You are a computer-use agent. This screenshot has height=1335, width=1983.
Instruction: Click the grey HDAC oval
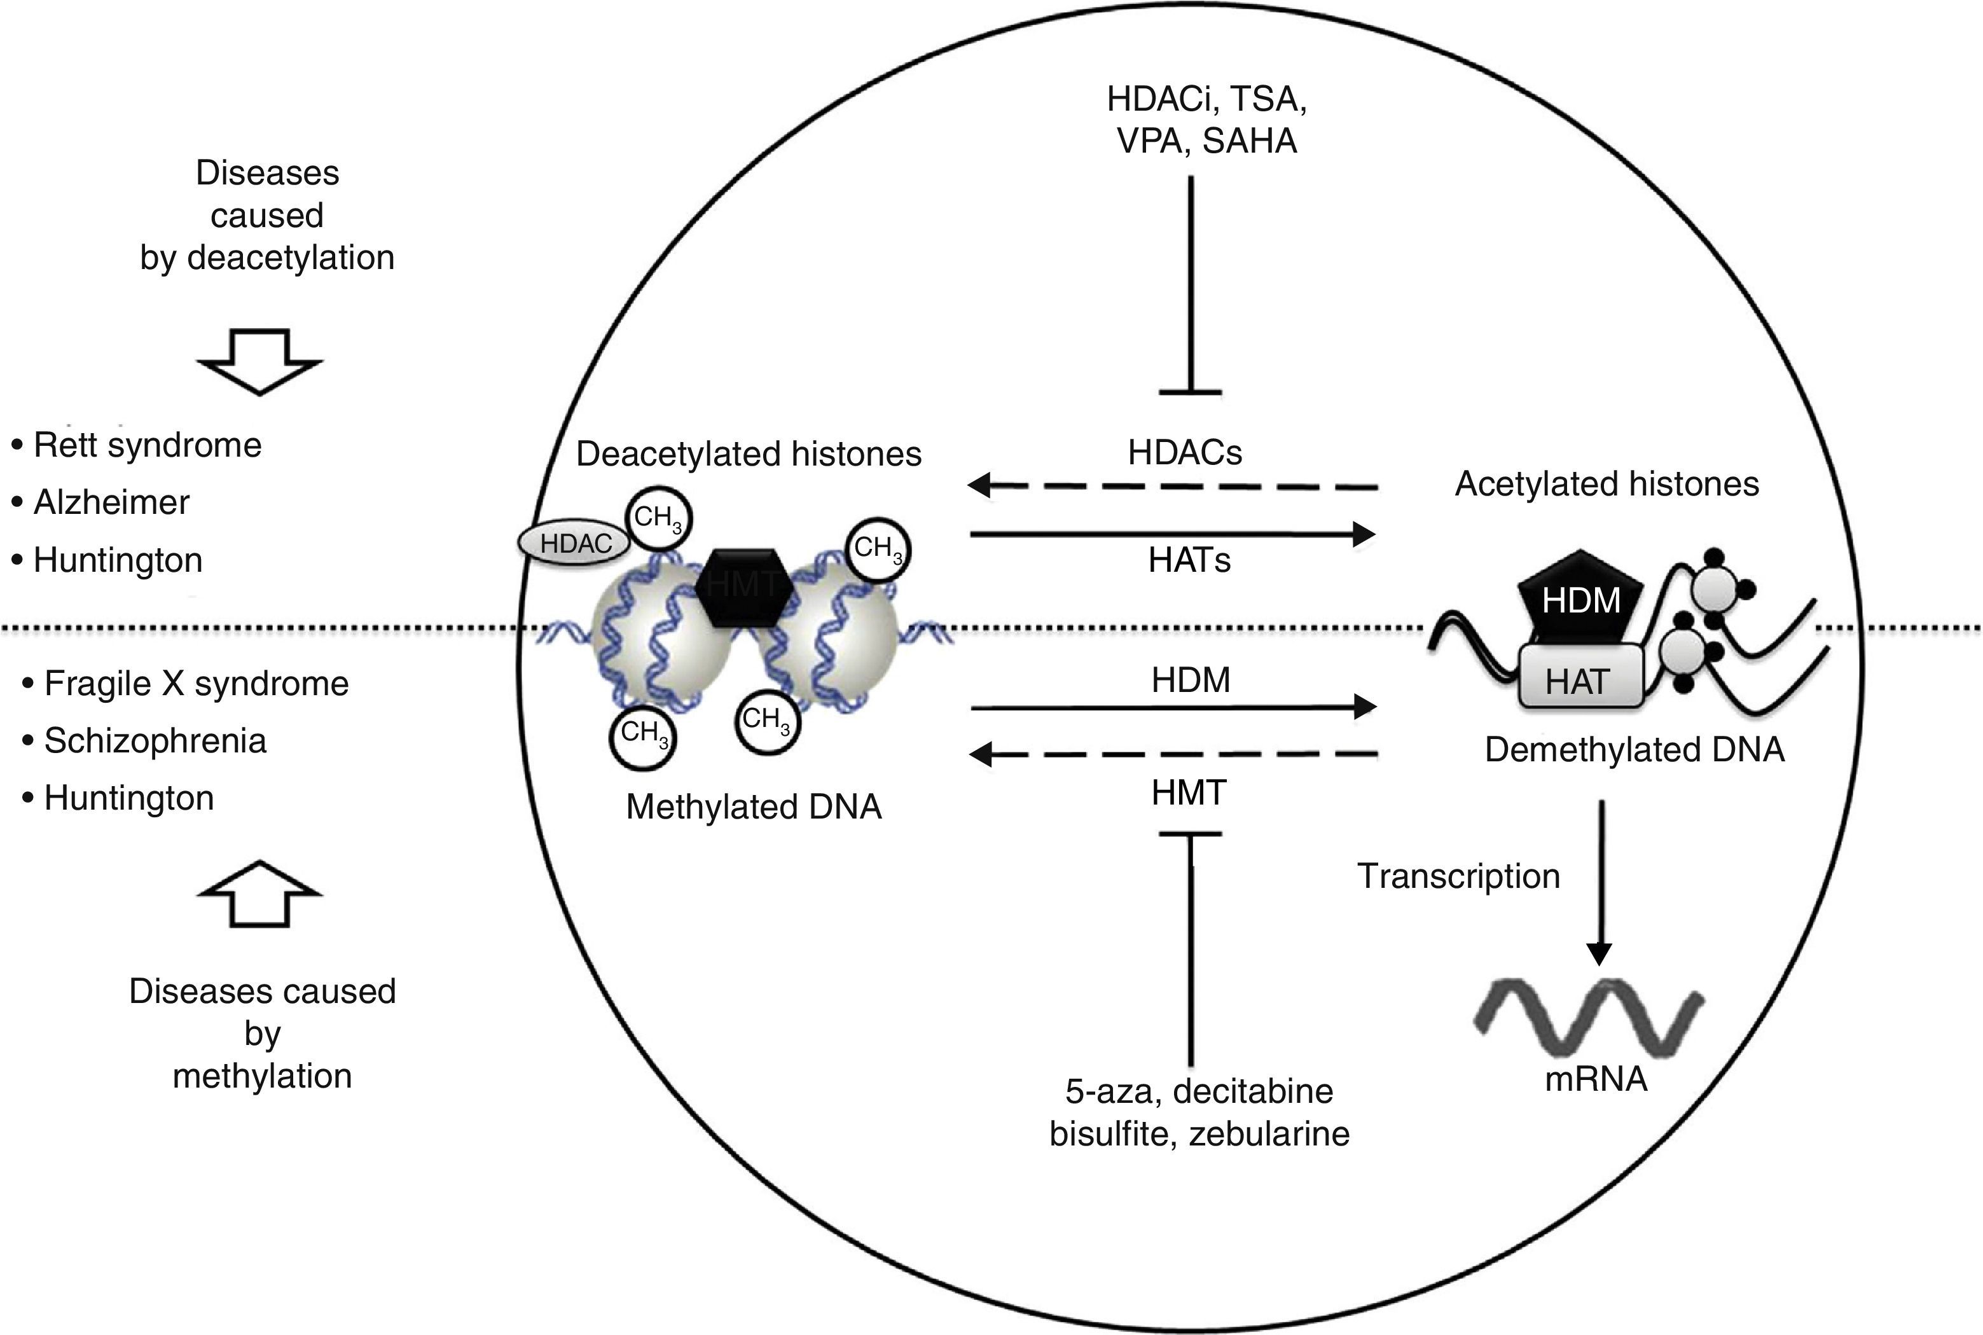[575, 543]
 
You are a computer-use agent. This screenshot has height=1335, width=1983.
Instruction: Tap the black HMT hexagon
[744, 586]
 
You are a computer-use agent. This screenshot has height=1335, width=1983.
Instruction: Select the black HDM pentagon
[1580, 598]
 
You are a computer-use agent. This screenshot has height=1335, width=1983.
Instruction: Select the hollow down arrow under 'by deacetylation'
[259, 361]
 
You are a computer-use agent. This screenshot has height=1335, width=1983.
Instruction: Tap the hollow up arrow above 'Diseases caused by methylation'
[259, 894]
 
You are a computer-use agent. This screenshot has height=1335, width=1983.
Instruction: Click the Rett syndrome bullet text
[146, 445]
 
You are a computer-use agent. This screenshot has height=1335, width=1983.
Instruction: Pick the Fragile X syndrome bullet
[196, 684]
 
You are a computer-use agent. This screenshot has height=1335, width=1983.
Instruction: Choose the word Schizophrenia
[155, 741]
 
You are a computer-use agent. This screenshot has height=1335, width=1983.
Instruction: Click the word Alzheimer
[111, 502]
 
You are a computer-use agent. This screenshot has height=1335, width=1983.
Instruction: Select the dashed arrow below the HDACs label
[1171, 486]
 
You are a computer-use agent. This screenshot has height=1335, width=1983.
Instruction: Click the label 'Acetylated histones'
[1606, 483]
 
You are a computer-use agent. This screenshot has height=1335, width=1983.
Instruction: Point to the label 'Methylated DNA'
[754, 806]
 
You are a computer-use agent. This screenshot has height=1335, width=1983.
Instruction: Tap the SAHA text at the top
[1249, 141]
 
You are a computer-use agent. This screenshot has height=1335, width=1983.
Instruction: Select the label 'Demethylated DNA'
[1634, 749]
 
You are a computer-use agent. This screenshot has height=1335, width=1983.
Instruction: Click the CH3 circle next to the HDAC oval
[658, 518]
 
